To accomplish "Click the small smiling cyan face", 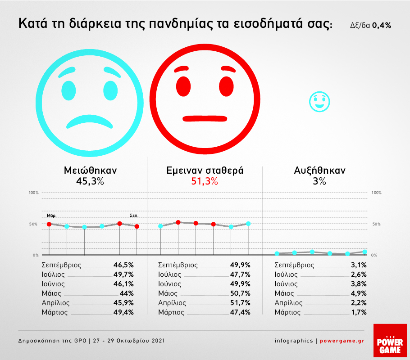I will pos(319,102).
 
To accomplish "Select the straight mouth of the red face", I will pos(205,118).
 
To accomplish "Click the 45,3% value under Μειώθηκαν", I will pos(90,181).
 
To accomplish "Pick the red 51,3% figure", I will pos(205,181).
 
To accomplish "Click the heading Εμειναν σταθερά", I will pos(205,171).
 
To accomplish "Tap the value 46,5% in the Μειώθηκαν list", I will pos(124,265).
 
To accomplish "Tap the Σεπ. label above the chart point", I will pos(134,215).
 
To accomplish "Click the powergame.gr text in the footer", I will pos(342,341).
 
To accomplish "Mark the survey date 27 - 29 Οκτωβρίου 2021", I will pos(129,341).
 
